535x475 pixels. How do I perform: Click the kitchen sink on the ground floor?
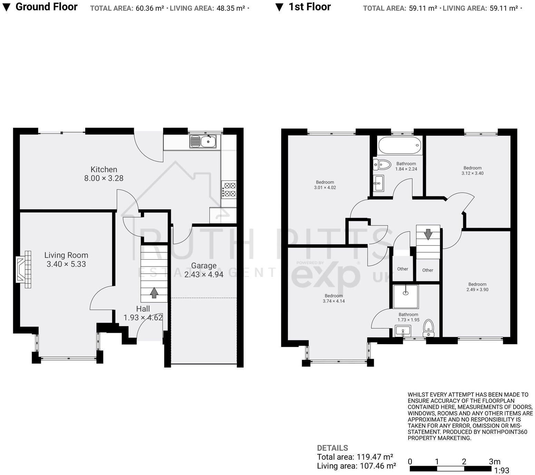pyautogui.click(x=203, y=141)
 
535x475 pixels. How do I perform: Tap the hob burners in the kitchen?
pyautogui.click(x=229, y=190)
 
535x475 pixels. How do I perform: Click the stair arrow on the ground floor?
pyautogui.click(x=154, y=293)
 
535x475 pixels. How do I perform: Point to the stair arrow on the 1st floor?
pyautogui.click(x=428, y=234)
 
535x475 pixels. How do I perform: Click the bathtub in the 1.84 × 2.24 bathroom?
pyautogui.click(x=400, y=145)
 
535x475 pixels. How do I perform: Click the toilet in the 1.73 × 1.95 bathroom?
pyautogui.click(x=428, y=328)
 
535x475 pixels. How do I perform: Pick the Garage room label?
pyautogui.click(x=204, y=265)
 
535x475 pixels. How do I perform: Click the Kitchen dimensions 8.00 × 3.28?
pyautogui.click(x=104, y=178)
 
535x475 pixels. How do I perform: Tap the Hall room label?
pyautogui.click(x=143, y=309)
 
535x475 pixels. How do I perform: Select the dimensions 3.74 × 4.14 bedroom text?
pyautogui.click(x=334, y=301)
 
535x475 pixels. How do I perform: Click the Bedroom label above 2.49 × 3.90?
pyautogui.click(x=477, y=284)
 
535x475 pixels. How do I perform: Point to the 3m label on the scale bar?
pyautogui.click(x=495, y=461)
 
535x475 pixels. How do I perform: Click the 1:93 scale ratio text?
pyautogui.click(x=502, y=470)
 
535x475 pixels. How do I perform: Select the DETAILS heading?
pyautogui.click(x=332, y=448)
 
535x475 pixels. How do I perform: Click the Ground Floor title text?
pyautogui.click(x=47, y=7)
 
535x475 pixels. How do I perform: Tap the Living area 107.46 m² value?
pyautogui.click(x=378, y=466)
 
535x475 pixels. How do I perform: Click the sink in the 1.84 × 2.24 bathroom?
pyautogui.click(x=378, y=183)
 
